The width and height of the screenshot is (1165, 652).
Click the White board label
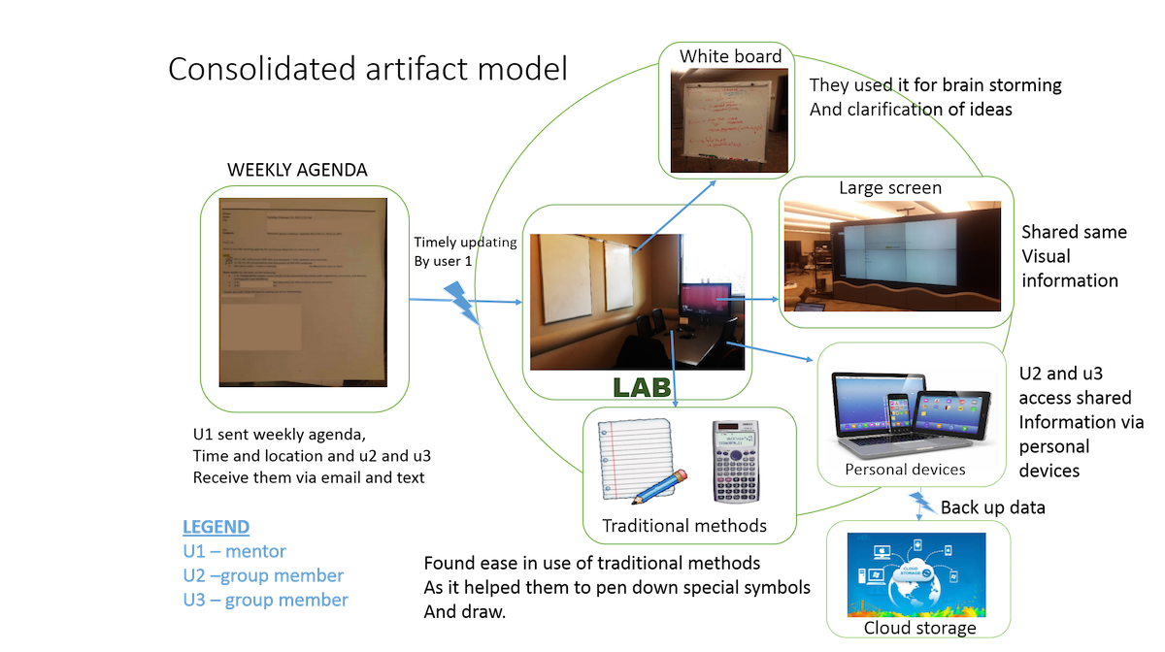pyautogui.click(x=730, y=56)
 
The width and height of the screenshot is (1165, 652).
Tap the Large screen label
pyautogui.click(x=890, y=187)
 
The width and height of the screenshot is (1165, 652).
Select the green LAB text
pyautogui.click(x=643, y=386)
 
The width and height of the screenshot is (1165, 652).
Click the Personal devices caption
pyautogui.click(x=905, y=470)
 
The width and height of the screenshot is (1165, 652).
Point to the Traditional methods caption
pyautogui.click(x=684, y=526)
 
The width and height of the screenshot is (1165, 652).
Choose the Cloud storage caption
pyautogui.click(x=919, y=628)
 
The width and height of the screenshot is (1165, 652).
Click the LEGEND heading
pyautogui.click(x=216, y=527)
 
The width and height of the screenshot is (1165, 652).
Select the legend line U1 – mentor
pyautogui.click(x=234, y=551)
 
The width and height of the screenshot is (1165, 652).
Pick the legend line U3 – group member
pyautogui.click(x=264, y=600)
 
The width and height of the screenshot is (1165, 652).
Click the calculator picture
pyautogui.click(x=735, y=461)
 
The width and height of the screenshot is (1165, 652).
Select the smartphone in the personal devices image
pyautogui.click(x=900, y=421)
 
